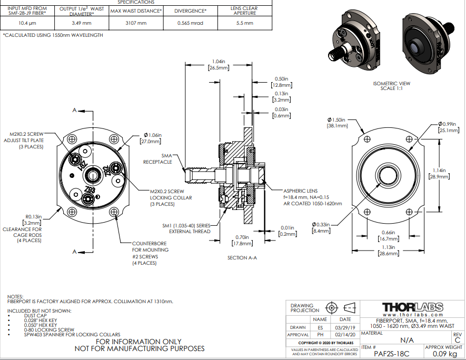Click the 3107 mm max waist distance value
point(136,23)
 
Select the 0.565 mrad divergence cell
point(190,23)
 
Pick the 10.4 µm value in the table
point(27,23)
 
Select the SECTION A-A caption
point(243,257)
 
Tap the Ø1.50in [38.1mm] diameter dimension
point(336,123)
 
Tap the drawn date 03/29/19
point(345,327)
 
